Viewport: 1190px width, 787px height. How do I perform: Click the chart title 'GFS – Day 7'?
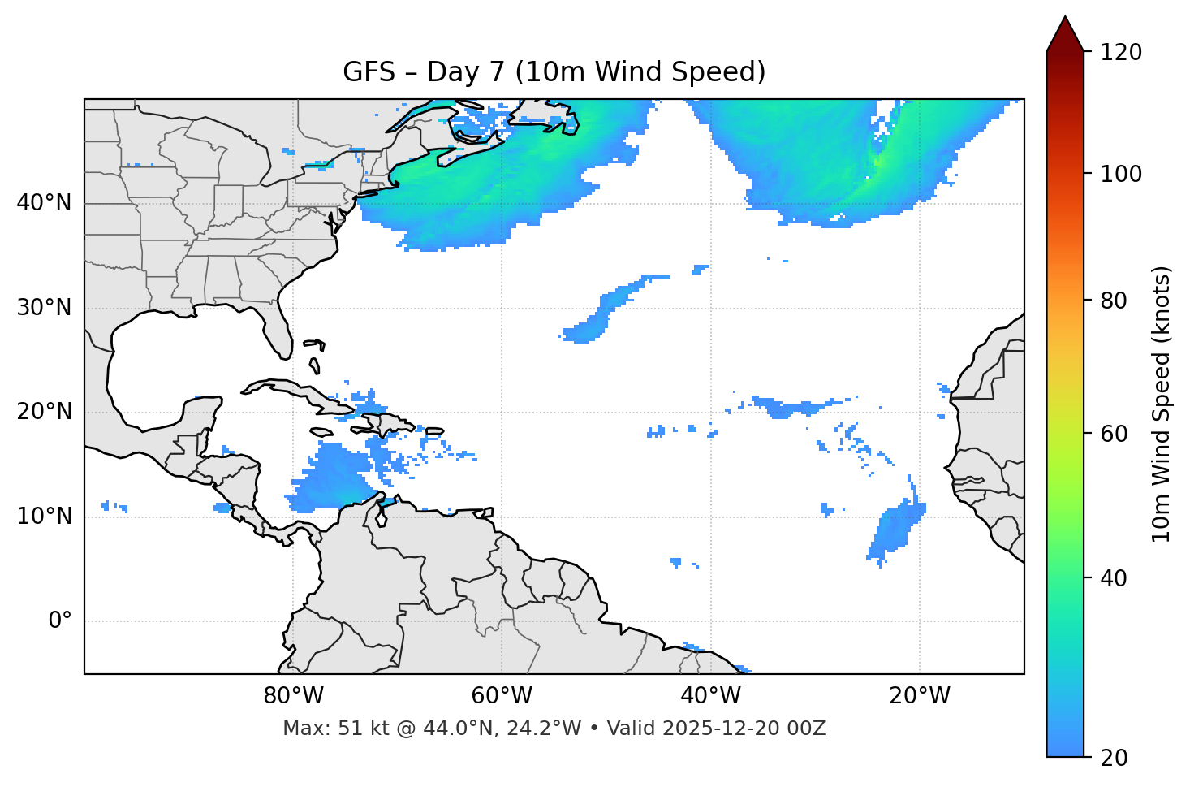coord(554,72)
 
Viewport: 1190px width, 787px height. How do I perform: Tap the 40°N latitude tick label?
coord(44,203)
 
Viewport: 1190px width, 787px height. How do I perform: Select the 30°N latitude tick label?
coord(44,308)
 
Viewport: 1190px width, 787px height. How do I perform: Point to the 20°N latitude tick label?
coord(44,412)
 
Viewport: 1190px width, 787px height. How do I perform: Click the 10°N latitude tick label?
coord(44,517)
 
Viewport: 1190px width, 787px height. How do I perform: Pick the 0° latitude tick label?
coord(60,621)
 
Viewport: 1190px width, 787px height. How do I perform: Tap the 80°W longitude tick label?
coord(293,696)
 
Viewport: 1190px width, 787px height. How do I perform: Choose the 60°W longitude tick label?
coord(502,696)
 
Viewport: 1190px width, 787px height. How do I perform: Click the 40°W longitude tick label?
coord(710,696)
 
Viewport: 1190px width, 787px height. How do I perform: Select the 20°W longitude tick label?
coord(919,696)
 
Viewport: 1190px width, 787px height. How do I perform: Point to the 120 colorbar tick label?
coord(1121,53)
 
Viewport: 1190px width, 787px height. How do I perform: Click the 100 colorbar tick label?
coord(1121,174)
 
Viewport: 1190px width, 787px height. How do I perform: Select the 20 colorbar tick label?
coord(1114,758)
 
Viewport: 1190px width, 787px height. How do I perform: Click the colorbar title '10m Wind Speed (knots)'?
coord(1162,404)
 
